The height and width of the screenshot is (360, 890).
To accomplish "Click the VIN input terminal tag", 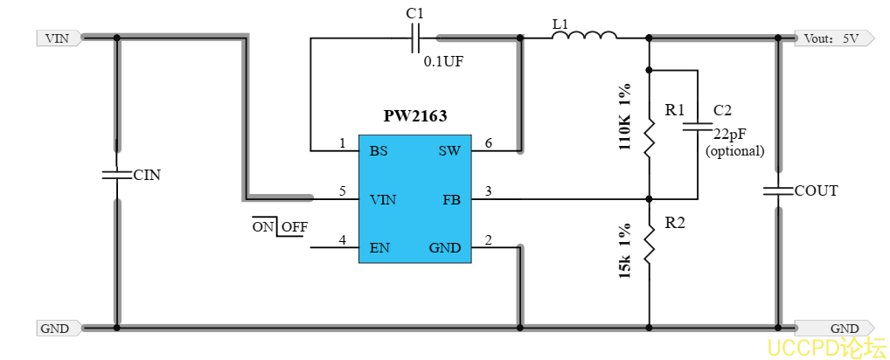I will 59,38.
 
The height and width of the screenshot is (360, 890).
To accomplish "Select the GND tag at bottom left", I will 57,329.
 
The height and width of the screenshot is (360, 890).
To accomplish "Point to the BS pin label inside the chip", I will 379,150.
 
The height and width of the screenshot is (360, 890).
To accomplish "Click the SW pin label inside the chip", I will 449,150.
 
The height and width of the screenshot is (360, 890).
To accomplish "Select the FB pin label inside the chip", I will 452,199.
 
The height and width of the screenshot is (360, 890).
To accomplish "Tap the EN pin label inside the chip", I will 379,247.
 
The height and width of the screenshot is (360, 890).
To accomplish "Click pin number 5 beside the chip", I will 343,191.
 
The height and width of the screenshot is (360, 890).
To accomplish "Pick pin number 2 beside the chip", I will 488,239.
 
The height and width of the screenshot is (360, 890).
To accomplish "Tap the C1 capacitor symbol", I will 415,38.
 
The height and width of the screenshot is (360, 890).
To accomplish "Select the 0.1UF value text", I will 443,61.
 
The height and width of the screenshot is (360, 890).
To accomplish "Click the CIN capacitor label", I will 147,175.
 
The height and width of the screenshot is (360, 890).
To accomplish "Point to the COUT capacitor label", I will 816,190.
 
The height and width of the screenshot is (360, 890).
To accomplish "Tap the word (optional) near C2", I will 734,150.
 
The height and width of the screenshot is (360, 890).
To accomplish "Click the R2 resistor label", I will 675,223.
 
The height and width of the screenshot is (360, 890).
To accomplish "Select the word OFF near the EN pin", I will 295,227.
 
